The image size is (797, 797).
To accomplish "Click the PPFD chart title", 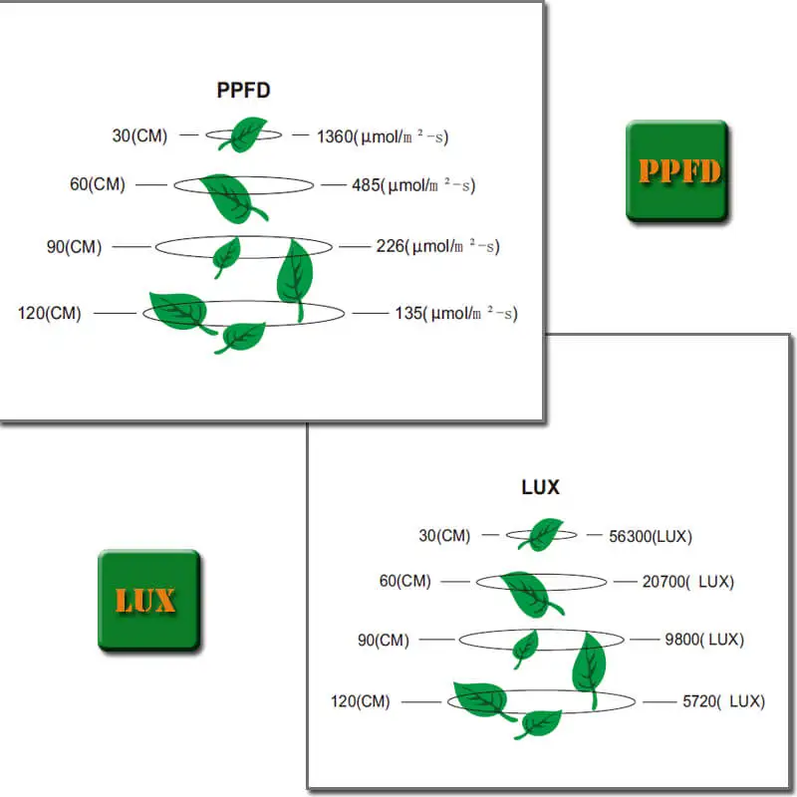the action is point(243,90).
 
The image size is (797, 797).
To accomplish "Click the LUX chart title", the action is point(540,487).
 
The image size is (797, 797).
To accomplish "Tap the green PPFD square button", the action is point(677,171).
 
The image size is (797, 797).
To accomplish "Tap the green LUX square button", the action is point(148,601).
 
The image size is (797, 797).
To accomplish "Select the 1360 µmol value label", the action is point(383,136).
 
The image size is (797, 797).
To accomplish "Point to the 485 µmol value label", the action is point(413,185).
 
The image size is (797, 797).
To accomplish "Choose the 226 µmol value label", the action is point(437,246).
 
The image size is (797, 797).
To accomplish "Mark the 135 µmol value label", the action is point(456,313).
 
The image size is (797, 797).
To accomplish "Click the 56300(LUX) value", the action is point(651,536).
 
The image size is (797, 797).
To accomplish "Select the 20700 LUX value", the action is point(688,582).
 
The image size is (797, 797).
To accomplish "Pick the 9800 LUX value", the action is point(704,639).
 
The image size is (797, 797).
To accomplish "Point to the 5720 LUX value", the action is point(724,701).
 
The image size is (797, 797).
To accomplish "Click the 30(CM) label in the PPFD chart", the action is point(139,135).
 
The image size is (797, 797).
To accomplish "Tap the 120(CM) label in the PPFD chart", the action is point(49,313).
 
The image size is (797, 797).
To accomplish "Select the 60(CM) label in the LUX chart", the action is point(405,581).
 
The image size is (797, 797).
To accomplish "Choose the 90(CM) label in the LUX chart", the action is point(384,640).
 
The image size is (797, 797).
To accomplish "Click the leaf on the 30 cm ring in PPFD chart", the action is point(243,134).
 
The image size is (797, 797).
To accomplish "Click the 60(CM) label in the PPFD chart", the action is point(98,184).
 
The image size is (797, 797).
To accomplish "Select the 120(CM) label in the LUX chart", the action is point(361,701).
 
